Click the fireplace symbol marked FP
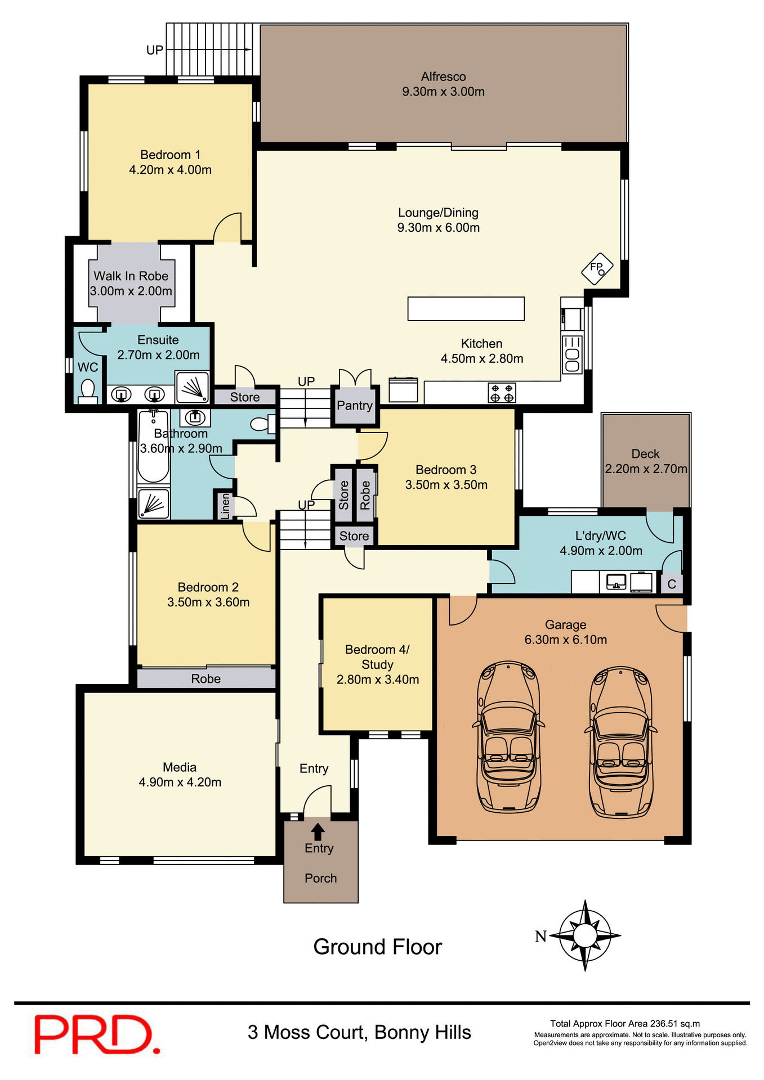pos(597,268)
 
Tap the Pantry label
pos(354,406)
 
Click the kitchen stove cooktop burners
pos(502,393)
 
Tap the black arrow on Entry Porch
pos(318,831)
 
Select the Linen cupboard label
pos(225,505)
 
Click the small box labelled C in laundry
pos(672,584)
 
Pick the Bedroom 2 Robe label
pos(205,679)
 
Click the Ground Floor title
pos(377,947)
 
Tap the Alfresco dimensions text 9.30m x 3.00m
pos(443,92)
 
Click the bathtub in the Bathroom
pos(153,447)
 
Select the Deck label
pos(645,454)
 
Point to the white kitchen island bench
pos(466,309)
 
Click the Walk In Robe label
pos(131,276)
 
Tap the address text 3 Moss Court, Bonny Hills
pos(359,1033)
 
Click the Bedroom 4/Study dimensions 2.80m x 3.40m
pos(377,679)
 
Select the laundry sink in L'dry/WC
pos(616,582)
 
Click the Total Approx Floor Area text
pos(625,1024)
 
